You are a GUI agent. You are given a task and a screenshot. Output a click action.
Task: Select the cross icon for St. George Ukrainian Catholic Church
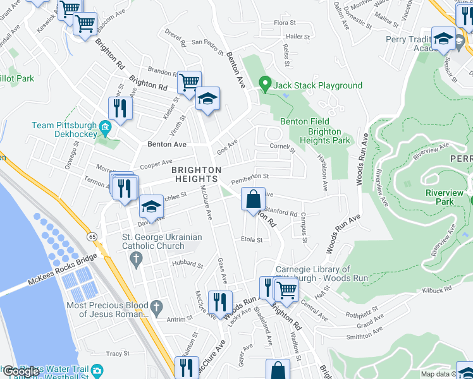tap(135, 258)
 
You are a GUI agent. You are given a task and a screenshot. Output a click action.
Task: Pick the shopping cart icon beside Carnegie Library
tap(287, 289)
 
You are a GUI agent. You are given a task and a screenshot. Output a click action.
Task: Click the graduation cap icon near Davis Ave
tap(151, 207)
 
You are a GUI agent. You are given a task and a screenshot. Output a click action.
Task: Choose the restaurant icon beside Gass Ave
tap(220, 301)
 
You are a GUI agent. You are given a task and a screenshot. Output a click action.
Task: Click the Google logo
tap(20, 371)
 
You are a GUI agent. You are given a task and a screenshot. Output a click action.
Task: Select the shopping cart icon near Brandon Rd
tap(189, 82)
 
